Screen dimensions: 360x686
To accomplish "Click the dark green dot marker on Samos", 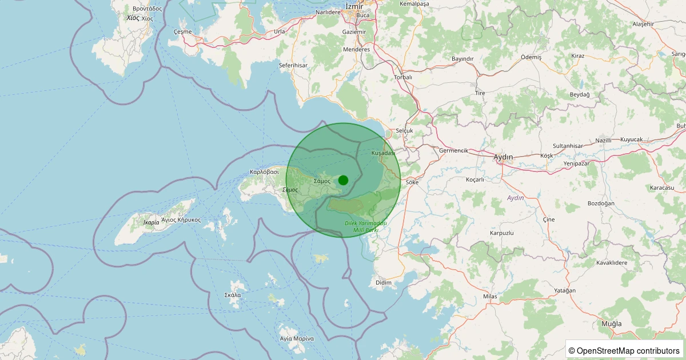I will point(343,180).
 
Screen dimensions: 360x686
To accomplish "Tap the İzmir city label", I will point(355,6).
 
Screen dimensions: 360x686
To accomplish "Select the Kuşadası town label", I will point(383,153).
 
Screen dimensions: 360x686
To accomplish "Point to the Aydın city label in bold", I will point(503,157).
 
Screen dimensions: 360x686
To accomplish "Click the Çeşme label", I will point(183,31).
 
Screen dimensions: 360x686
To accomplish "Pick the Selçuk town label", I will point(404,130).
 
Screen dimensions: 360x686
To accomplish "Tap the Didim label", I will point(384,282).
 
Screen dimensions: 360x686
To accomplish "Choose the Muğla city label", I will point(611,323).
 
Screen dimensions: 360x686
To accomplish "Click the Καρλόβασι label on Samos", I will point(264,171).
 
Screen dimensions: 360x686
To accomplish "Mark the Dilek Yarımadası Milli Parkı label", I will point(366,226).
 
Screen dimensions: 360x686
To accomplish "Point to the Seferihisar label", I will point(293,66).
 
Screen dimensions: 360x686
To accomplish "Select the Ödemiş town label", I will point(531,57).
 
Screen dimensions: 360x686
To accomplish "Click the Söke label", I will point(412,182).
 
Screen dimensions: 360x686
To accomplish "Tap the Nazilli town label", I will point(604,140).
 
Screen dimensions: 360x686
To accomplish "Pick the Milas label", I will point(490,297).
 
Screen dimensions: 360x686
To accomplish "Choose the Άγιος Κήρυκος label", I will point(181,219).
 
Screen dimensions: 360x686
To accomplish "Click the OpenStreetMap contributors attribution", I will point(624,350).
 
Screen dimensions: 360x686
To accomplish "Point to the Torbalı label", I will point(403,77).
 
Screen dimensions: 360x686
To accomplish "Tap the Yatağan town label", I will point(565,291).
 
